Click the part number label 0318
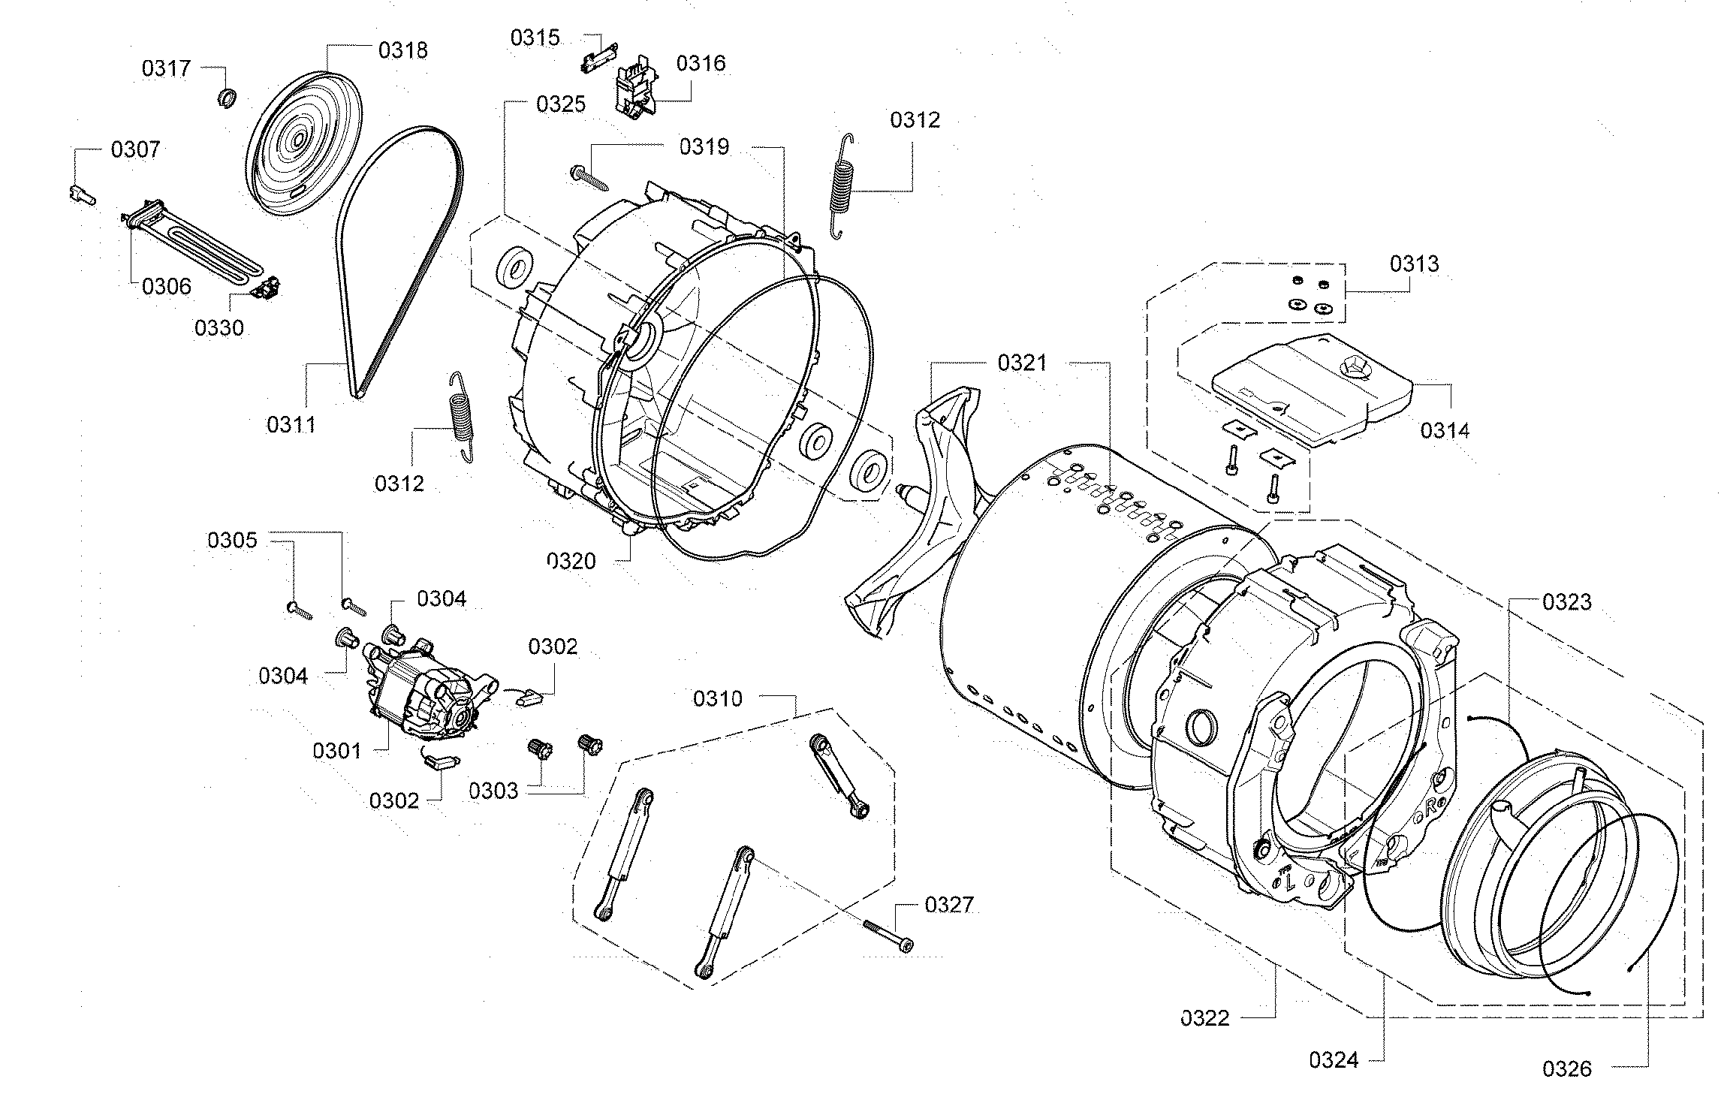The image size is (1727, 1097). click(402, 50)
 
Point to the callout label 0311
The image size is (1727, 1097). click(291, 425)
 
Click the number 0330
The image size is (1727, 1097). click(219, 328)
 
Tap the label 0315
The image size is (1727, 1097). click(535, 38)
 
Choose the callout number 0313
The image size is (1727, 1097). click(1414, 264)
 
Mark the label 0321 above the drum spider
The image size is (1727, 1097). click(1021, 363)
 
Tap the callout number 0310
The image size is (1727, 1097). click(717, 698)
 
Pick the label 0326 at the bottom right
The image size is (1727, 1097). click(1567, 1068)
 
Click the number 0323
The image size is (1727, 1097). click(1567, 602)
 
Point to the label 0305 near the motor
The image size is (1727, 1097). click(232, 540)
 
